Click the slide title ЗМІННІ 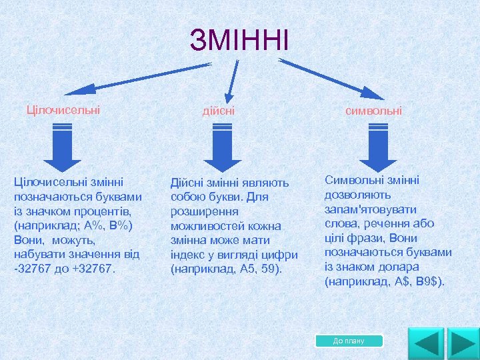coord(239,40)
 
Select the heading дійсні coord(219,110)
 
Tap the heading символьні coord(373,110)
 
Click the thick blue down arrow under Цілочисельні coord(62,150)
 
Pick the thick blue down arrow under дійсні coord(222,150)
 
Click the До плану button coord(349,341)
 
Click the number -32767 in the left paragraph coord(33,269)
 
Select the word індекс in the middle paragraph coord(189,255)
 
